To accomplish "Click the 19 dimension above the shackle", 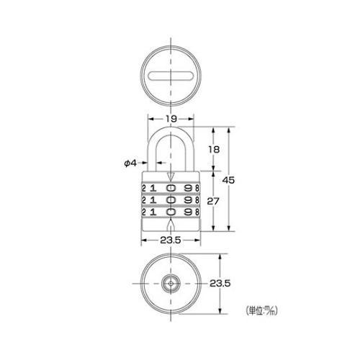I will (170, 120).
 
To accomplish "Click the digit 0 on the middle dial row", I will (171, 200).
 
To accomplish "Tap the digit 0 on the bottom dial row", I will (171, 212).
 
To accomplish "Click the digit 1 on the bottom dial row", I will (153, 212).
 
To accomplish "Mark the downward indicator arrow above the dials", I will (170, 177).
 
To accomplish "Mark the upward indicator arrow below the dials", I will (170, 224).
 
